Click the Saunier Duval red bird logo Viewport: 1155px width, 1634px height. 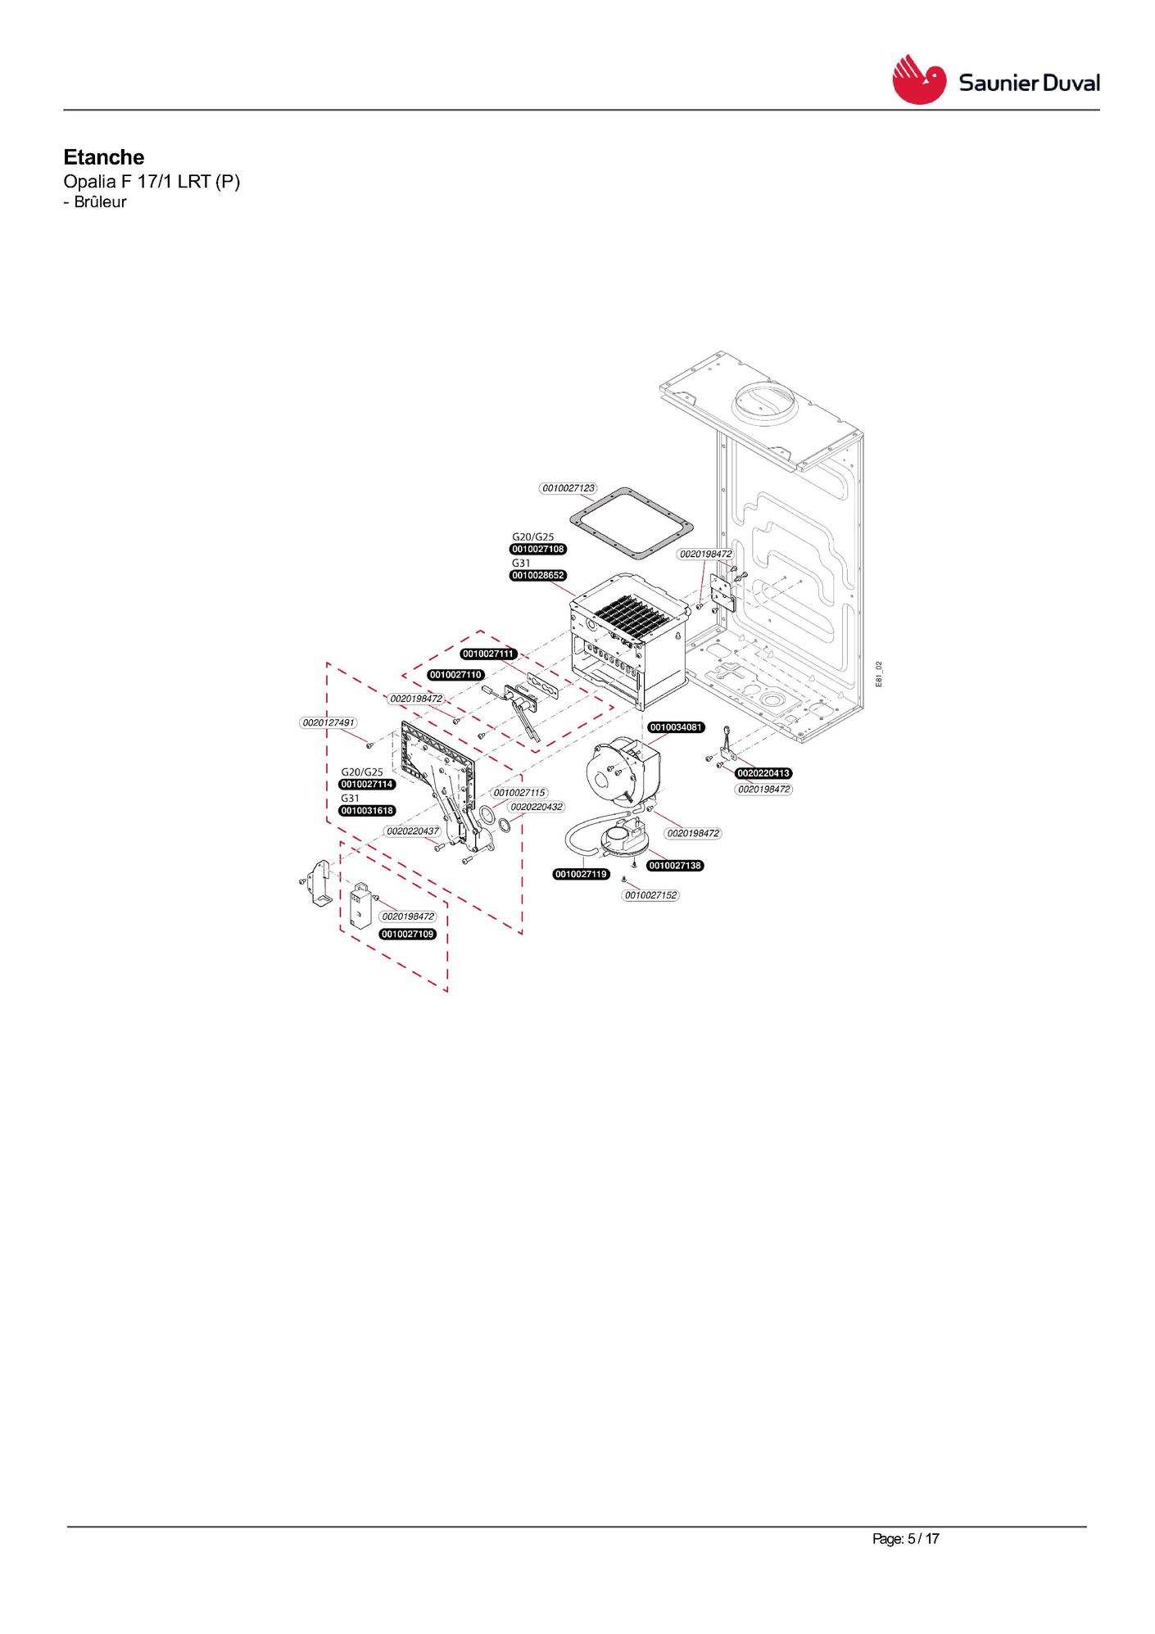tap(919, 79)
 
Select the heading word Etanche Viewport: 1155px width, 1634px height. tap(104, 157)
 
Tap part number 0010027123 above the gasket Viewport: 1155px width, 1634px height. tap(568, 488)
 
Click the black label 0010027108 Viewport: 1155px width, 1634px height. tap(538, 549)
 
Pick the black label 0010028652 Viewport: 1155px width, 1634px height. tap(538, 576)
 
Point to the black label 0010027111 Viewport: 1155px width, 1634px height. tap(489, 654)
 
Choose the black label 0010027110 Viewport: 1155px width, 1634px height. tap(456, 675)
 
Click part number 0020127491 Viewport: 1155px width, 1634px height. tap(328, 722)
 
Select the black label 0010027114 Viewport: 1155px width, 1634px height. tap(368, 785)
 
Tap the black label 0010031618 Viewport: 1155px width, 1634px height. tap(368, 811)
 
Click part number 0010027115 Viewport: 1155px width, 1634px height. tap(520, 793)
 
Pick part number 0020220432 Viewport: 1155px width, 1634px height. tap(537, 807)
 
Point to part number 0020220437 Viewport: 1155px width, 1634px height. tap(414, 831)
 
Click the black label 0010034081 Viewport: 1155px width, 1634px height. tap(677, 727)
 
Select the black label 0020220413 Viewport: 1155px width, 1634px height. tap(763, 773)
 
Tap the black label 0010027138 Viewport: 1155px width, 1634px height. tap(676, 866)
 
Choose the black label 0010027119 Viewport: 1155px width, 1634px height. tap(582, 875)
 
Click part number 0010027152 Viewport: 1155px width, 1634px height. tap(651, 895)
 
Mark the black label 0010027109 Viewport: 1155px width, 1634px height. tap(408, 935)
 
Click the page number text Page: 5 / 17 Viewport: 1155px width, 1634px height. tap(906, 1539)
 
